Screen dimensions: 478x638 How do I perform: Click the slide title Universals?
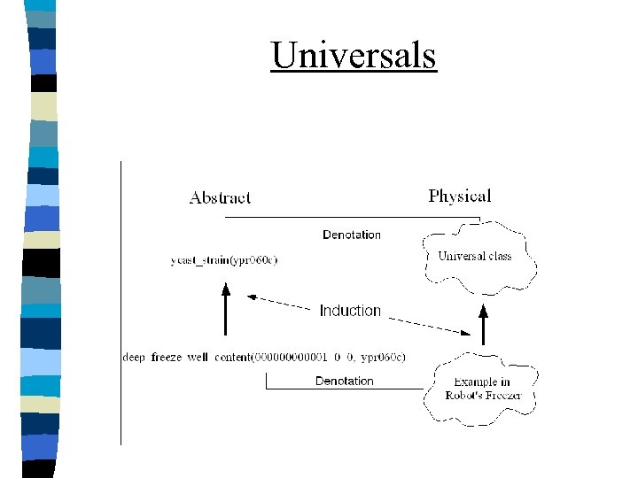(x=354, y=55)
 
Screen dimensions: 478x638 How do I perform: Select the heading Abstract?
(x=220, y=197)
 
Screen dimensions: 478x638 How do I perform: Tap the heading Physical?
(x=459, y=196)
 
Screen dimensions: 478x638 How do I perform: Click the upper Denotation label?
(x=352, y=235)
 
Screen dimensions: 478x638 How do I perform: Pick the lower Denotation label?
(x=345, y=381)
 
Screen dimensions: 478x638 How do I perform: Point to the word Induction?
(x=350, y=311)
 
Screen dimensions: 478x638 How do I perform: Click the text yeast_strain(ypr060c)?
(x=224, y=260)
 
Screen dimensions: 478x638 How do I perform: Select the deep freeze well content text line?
(x=263, y=358)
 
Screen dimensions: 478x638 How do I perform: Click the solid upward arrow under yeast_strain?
(x=225, y=310)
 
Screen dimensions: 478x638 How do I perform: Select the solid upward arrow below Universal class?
(x=483, y=323)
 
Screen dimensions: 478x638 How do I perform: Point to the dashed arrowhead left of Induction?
(x=252, y=297)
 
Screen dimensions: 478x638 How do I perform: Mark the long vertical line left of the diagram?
(x=121, y=301)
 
